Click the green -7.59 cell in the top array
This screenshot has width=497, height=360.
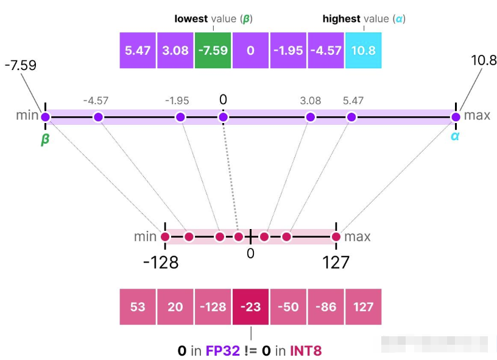[213, 50]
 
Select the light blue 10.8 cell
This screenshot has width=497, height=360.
[363, 50]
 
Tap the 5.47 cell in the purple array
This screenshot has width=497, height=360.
[138, 50]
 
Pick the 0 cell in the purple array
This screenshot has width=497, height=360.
[250, 50]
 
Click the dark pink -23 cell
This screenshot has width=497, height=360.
[250, 306]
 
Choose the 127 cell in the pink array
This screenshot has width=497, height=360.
[363, 306]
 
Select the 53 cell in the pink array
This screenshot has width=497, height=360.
[138, 306]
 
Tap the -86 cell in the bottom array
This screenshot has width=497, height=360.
[325, 306]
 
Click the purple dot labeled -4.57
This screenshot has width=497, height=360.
[98, 117]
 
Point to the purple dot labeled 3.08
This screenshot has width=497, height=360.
[311, 117]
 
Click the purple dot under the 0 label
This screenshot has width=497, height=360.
[224, 117]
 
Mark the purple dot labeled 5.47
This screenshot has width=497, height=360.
[351, 117]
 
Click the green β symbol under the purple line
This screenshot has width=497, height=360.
[45, 139]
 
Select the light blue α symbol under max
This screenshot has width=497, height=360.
[454, 136]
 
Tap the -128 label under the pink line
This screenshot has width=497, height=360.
[161, 263]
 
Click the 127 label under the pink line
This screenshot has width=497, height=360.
[336, 263]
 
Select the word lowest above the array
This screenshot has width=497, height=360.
[191, 19]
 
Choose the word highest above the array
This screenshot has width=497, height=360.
[341, 19]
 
